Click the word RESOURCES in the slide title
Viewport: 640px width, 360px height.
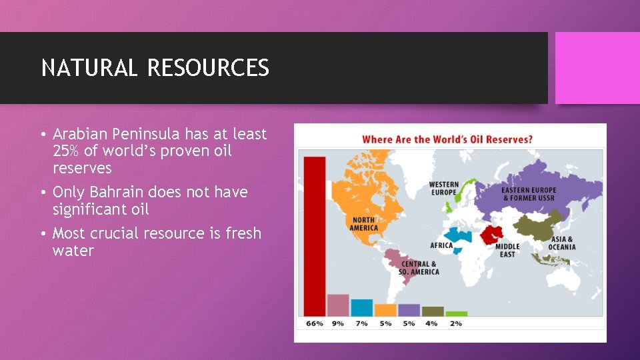point(208,68)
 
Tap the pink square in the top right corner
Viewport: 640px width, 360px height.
point(597,68)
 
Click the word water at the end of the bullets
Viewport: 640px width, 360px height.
point(73,251)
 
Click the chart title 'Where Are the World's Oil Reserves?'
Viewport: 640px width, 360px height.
point(447,139)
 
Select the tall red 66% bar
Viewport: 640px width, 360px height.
point(315,236)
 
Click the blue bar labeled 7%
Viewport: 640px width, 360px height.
point(361,307)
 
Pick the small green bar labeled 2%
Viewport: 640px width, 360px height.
point(456,313)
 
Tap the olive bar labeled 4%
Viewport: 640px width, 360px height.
point(432,311)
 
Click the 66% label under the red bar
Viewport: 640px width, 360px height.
point(315,323)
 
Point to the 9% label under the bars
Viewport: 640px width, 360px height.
point(338,323)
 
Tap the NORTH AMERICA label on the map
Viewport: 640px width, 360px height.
point(363,223)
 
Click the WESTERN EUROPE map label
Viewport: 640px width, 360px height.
point(443,188)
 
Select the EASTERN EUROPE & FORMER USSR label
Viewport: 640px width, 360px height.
point(529,194)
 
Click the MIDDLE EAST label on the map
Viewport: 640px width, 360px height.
point(507,250)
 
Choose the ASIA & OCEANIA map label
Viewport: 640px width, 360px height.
point(562,243)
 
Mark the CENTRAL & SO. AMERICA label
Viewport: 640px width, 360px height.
point(419,268)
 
